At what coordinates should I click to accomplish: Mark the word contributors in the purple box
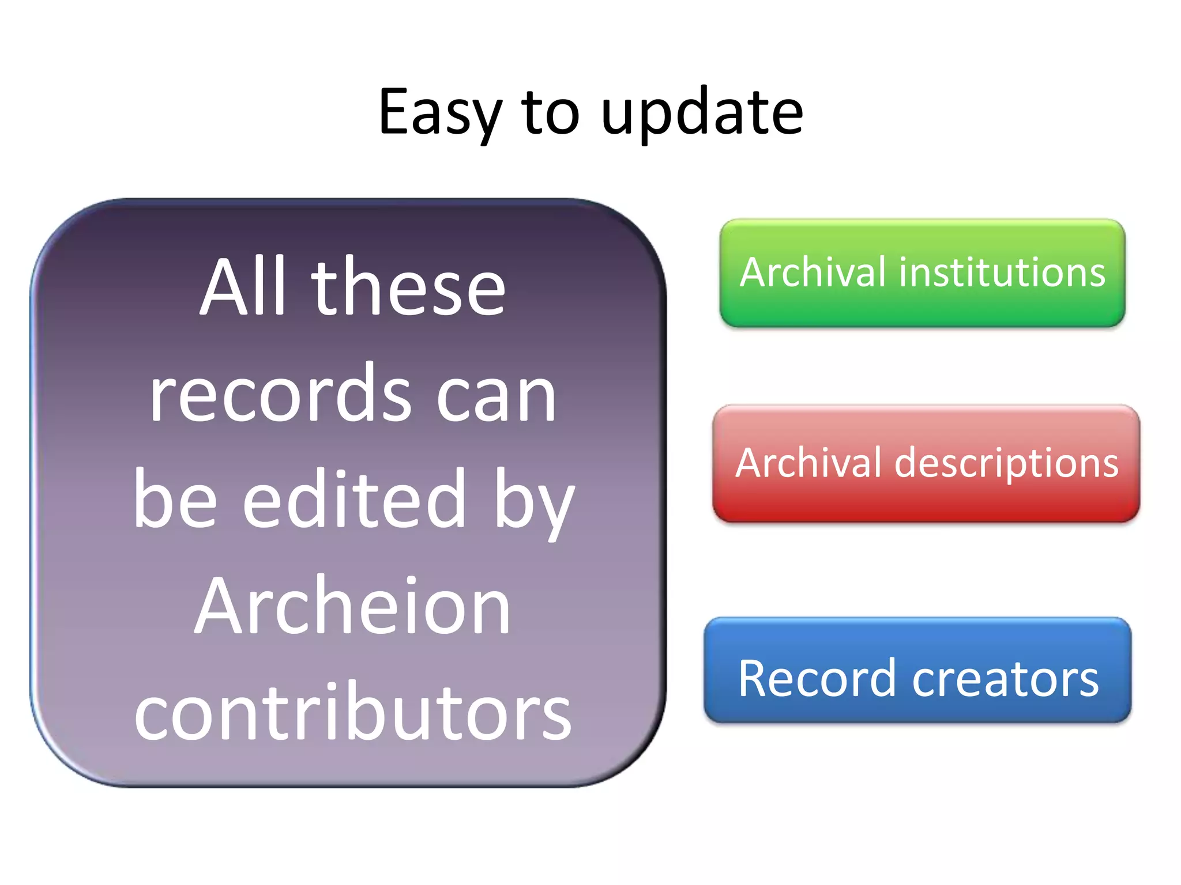point(352,713)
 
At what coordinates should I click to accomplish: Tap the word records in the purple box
point(280,395)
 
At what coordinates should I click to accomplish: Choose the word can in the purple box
point(496,398)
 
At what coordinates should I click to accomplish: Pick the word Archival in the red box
point(810,464)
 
